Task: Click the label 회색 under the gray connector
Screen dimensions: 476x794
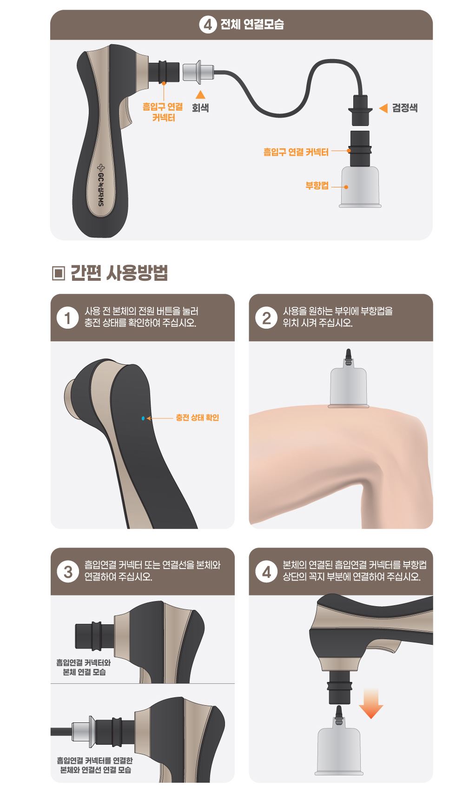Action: pyautogui.click(x=200, y=107)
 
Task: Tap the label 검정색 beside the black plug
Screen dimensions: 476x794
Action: pyautogui.click(x=405, y=108)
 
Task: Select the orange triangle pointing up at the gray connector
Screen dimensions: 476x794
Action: pyautogui.click(x=200, y=94)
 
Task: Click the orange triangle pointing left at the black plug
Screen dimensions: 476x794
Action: pyautogui.click(x=383, y=108)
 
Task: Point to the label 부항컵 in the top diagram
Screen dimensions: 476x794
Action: pyautogui.click(x=317, y=185)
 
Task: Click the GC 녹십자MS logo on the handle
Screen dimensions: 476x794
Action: pyautogui.click(x=101, y=185)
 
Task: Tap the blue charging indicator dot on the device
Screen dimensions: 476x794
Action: pyautogui.click(x=143, y=418)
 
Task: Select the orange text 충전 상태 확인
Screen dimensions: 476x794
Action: pyautogui.click(x=198, y=417)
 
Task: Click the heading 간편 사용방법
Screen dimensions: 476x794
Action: pyautogui.click(x=119, y=273)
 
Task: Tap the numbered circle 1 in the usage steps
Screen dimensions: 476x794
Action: pyautogui.click(x=67, y=318)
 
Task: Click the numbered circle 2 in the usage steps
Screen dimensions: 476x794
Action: pyautogui.click(x=266, y=318)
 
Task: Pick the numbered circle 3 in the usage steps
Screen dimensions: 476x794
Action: pyautogui.click(x=68, y=571)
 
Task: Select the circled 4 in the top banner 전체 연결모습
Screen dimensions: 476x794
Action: pyautogui.click(x=208, y=25)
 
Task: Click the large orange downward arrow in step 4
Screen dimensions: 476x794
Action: pyautogui.click(x=371, y=703)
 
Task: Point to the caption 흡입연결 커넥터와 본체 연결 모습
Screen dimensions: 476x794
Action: pyautogui.click(x=84, y=667)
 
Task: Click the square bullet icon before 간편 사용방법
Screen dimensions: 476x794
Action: pyautogui.click(x=59, y=273)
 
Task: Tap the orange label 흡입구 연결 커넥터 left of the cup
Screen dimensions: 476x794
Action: pyautogui.click(x=296, y=152)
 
